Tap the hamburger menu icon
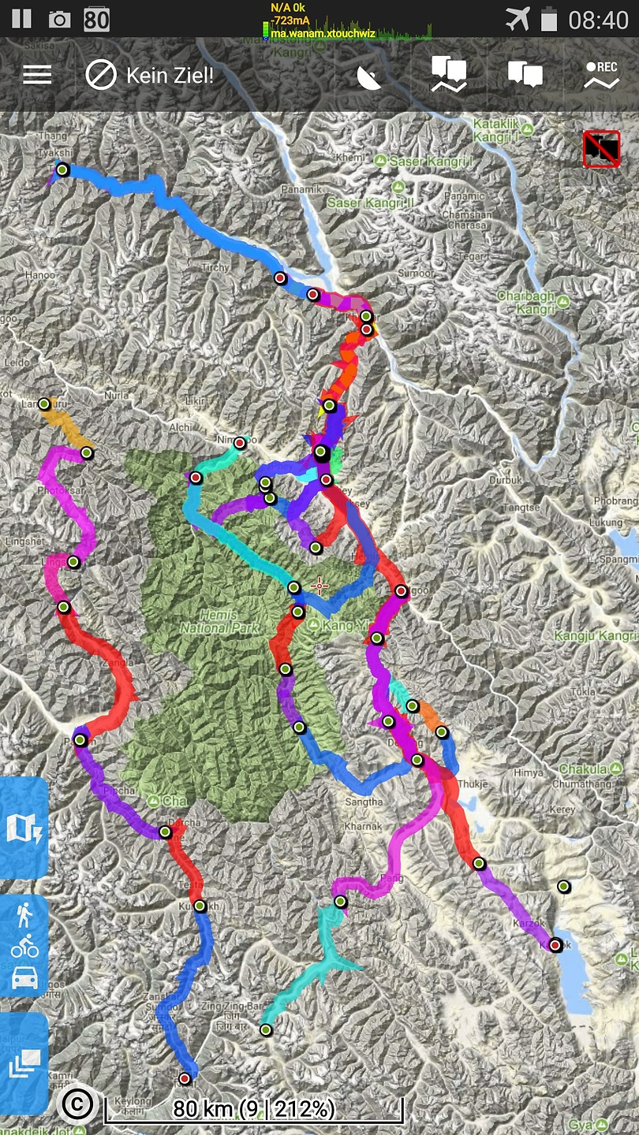point(37,75)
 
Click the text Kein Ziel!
point(170,76)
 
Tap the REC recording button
point(601,76)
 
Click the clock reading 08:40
point(599,19)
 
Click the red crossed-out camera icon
point(601,149)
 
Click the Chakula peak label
point(584,768)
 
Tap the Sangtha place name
point(364,802)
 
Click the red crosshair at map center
point(319,585)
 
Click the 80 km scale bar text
point(254,1108)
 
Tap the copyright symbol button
point(77,1104)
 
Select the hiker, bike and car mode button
point(24,946)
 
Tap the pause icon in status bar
point(21,19)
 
